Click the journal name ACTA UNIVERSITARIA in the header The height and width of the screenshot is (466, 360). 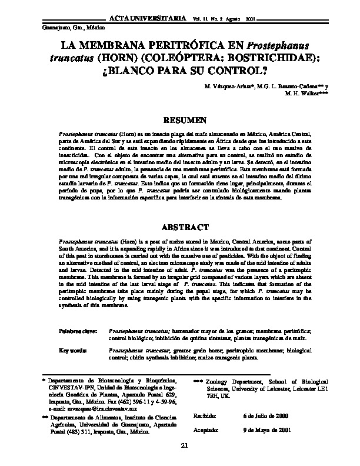tap(152, 19)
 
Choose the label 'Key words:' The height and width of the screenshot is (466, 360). tap(73, 350)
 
